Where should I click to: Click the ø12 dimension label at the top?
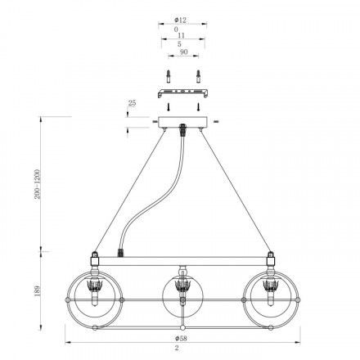coord(180,20)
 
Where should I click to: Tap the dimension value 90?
coord(184,52)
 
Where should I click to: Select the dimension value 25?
coord(132,103)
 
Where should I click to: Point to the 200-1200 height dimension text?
coord(37,184)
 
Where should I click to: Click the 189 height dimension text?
coord(38,291)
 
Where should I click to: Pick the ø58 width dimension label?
coord(181,338)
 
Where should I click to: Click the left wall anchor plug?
coord(169,76)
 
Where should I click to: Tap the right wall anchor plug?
coord(198,76)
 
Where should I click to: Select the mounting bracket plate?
coord(183,93)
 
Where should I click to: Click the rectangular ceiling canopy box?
coord(182,122)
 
